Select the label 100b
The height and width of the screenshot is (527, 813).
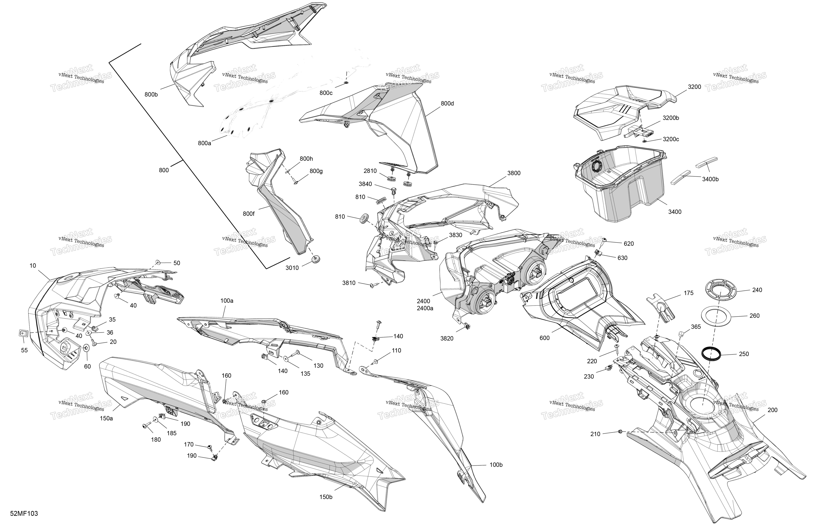[496, 465]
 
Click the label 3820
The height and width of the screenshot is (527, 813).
[447, 339]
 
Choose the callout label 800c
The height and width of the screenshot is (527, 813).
[326, 93]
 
